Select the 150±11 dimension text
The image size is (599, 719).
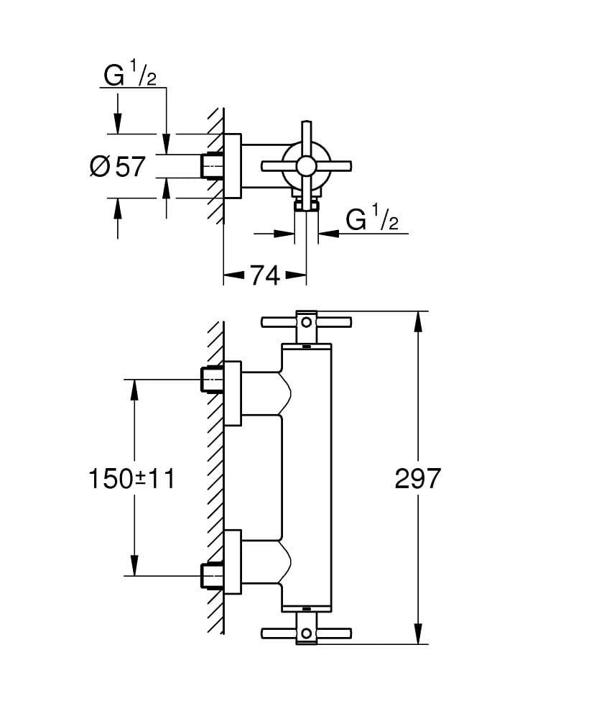coord(132,479)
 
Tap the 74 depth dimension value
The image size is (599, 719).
coord(264,275)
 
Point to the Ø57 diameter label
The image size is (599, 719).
coord(119,167)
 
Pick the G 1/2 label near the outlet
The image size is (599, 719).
coord(372,219)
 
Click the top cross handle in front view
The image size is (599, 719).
coord(307,321)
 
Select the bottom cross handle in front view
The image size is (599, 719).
coord(307,633)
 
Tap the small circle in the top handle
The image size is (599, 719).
coord(307,321)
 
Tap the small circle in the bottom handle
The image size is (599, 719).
coord(307,633)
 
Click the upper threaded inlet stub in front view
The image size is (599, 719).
coord(211,378)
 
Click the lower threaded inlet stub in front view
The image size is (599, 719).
coord(211,576)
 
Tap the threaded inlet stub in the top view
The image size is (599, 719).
coord(211,166)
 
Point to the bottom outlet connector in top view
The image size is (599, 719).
coord(307,206)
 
